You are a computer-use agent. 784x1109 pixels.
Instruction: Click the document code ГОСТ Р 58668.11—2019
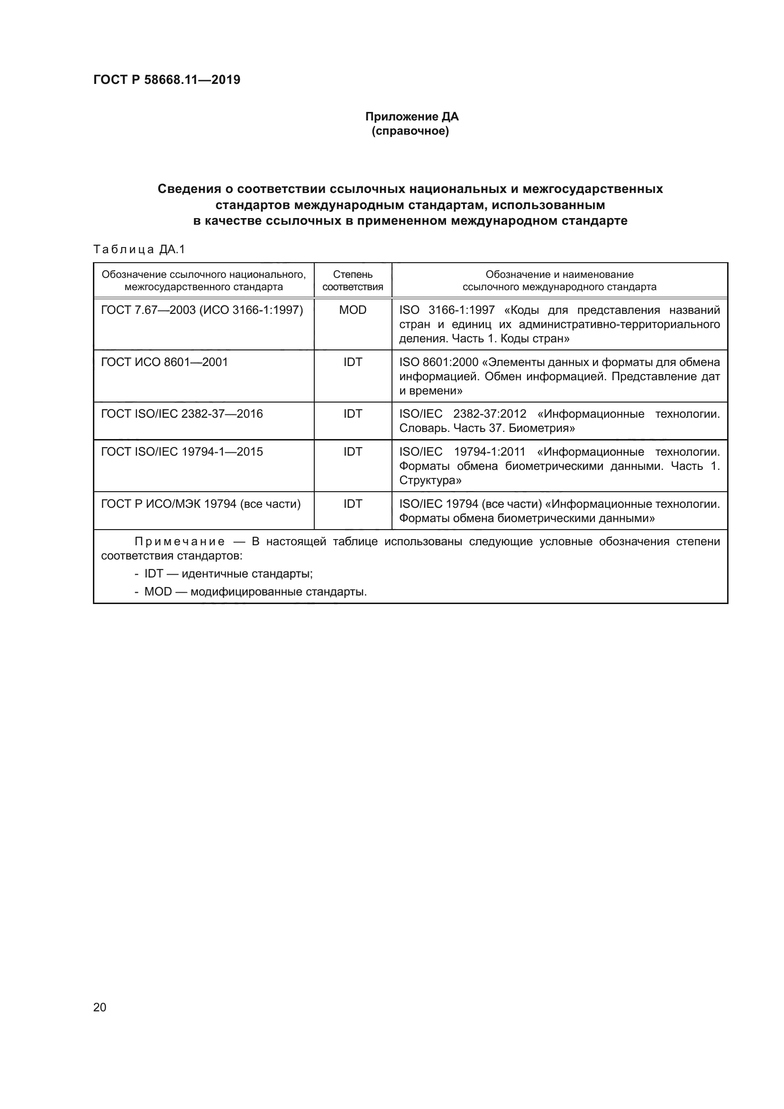166,80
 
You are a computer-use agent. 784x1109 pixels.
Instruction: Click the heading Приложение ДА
411,117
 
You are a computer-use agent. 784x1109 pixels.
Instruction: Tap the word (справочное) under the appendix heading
410,131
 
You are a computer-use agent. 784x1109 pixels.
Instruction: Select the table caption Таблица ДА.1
139,249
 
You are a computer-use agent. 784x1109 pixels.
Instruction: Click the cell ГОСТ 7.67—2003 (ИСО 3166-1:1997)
202,310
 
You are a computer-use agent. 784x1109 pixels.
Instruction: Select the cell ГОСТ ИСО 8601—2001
164,362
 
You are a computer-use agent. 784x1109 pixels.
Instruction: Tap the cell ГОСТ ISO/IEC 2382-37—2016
182,414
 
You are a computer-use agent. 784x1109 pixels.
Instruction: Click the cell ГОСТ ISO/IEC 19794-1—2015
182,452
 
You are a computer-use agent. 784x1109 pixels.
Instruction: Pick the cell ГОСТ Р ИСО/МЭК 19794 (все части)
201,504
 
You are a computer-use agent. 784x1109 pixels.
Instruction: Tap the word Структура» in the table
429,481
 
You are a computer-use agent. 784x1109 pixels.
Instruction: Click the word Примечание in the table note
180,542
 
